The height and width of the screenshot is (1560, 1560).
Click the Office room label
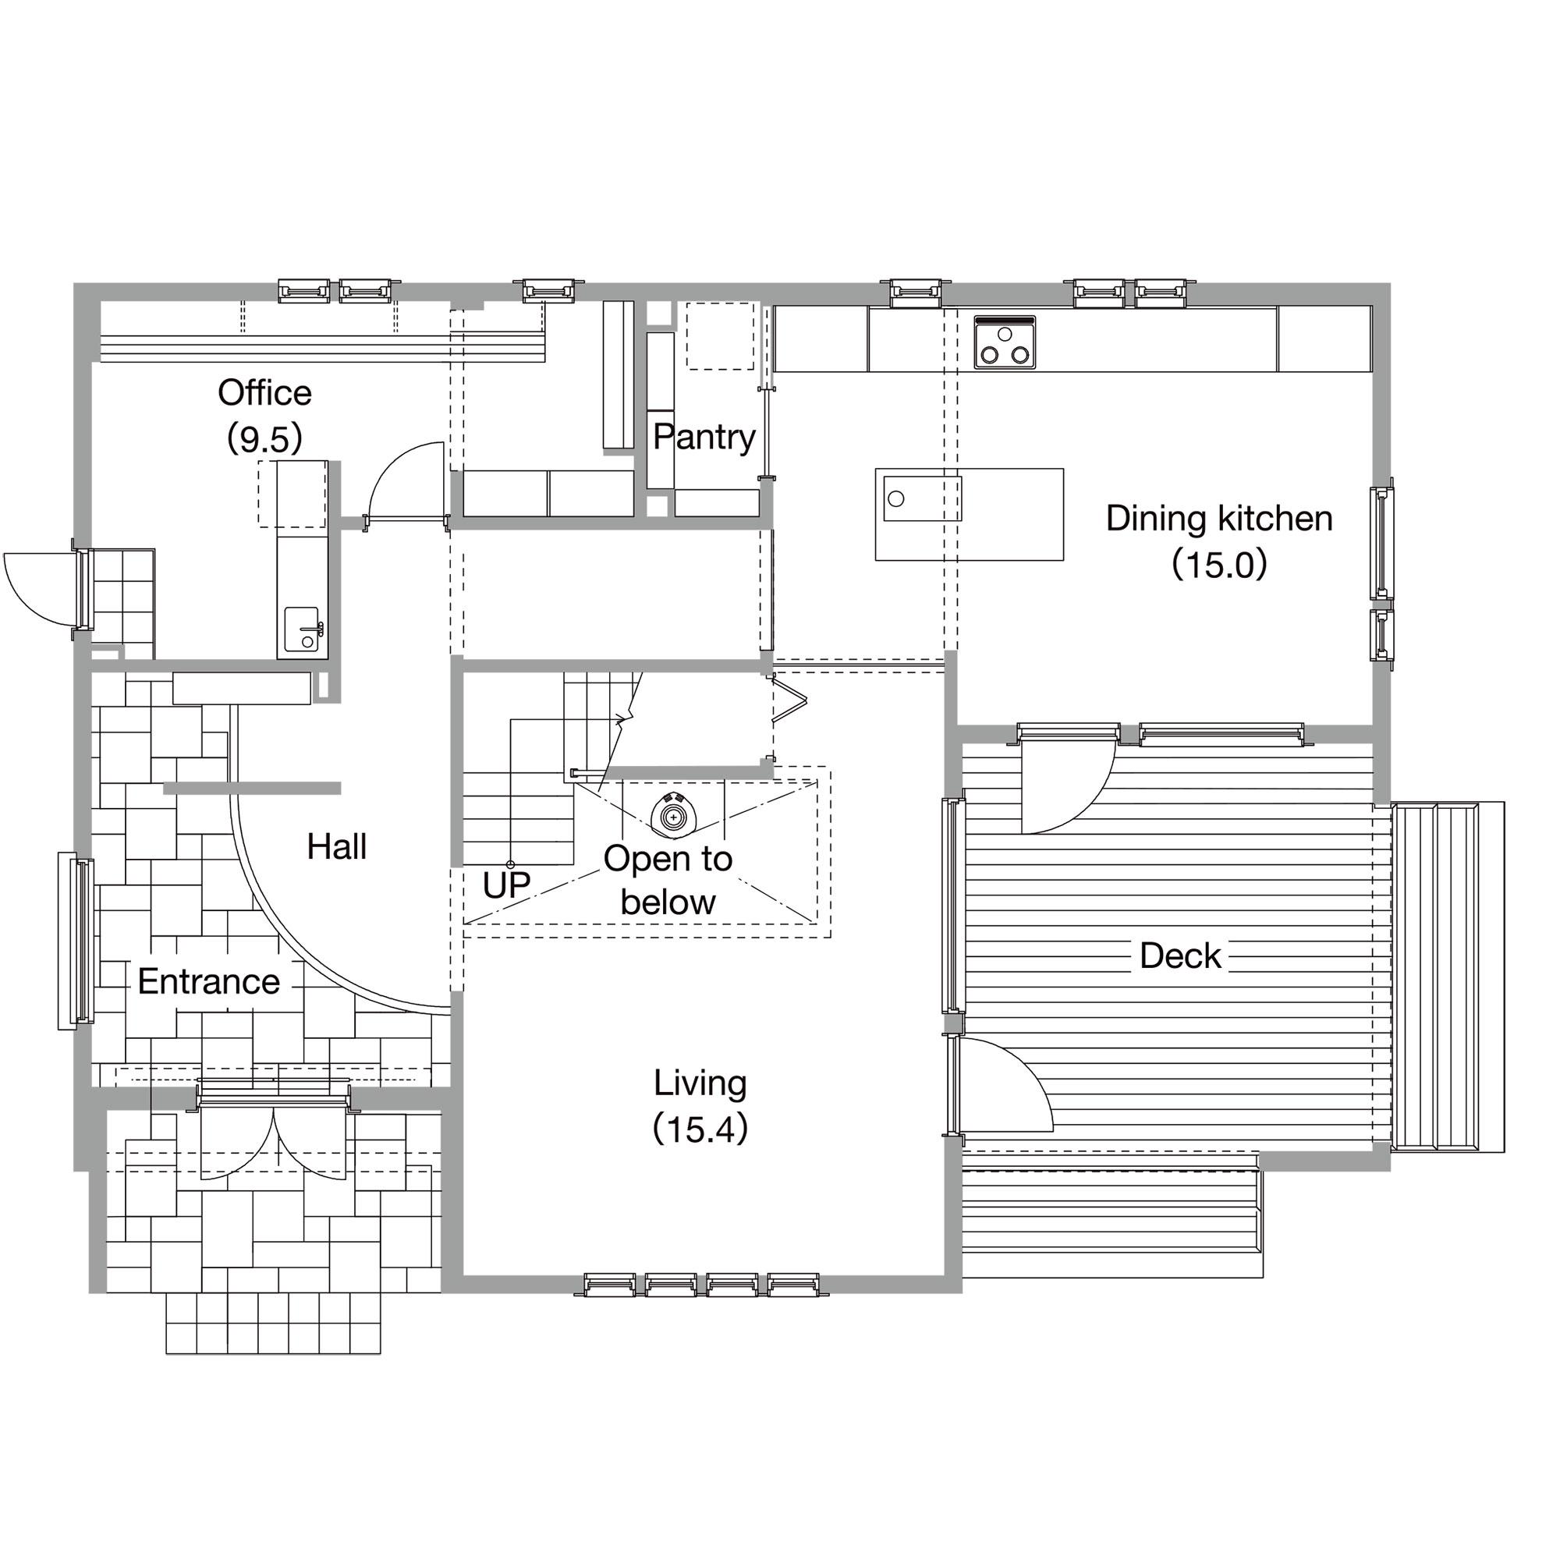point(264,393)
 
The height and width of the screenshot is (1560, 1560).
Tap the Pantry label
point(704,437)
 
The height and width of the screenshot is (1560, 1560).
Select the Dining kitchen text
point(1218,519)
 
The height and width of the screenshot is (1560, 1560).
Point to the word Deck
point(1179,956)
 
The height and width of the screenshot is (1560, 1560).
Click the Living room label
point(700,1083)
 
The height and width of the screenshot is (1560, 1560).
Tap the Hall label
point(337,847)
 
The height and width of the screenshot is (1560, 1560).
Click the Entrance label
point(208,982)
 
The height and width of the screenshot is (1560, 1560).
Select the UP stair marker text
point(506,886)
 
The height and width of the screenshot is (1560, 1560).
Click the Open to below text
point(668,881)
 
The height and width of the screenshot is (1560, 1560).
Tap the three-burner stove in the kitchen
point(1005,342)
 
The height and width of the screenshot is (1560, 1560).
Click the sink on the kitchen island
point(922,498)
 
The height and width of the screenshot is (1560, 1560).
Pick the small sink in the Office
point(302,629)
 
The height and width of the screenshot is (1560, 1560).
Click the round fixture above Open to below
point(672,817)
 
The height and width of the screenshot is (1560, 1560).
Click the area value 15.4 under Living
point(700,1129)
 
